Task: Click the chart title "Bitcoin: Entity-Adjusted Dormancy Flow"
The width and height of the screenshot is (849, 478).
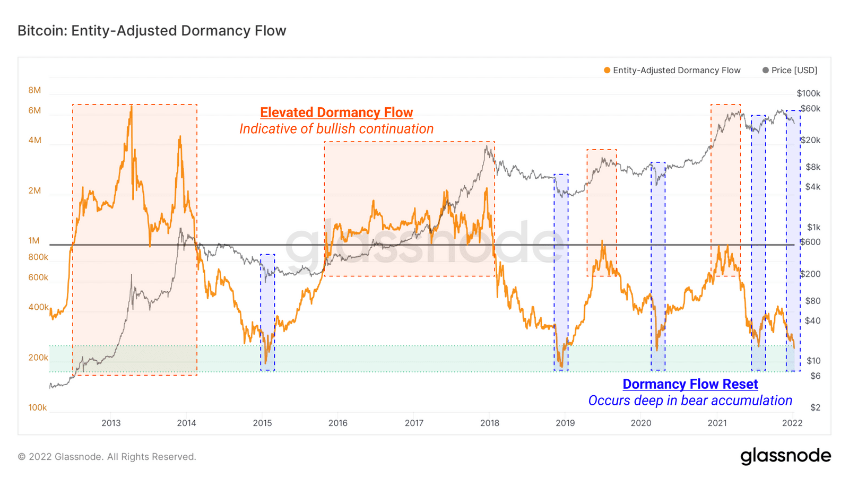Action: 152,31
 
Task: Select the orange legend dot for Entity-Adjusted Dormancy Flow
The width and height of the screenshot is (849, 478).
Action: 607,70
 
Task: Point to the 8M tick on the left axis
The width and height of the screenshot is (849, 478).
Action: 34,90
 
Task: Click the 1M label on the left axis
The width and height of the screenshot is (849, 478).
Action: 34,240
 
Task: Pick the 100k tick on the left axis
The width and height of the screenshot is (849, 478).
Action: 38,407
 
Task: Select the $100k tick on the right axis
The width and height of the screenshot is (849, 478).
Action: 808,93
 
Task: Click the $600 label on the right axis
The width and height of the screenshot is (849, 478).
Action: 810,242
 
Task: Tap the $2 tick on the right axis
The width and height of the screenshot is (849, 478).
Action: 815,407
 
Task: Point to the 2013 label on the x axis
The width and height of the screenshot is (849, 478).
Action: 111,423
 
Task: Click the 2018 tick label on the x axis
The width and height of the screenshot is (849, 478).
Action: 489,423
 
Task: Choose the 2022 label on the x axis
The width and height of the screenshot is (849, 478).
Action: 792,423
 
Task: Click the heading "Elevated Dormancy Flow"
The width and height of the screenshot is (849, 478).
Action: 336,112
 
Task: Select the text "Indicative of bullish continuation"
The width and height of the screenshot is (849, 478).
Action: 336,129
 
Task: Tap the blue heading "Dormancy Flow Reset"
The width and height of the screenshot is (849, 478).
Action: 690,384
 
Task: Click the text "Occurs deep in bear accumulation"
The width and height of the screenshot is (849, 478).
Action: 690,401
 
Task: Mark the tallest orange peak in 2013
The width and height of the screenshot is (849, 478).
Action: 131,107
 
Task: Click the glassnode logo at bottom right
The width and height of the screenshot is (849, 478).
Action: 785,456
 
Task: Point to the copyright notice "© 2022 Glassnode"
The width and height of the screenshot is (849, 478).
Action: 107,457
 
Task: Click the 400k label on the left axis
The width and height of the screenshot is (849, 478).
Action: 38,307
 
